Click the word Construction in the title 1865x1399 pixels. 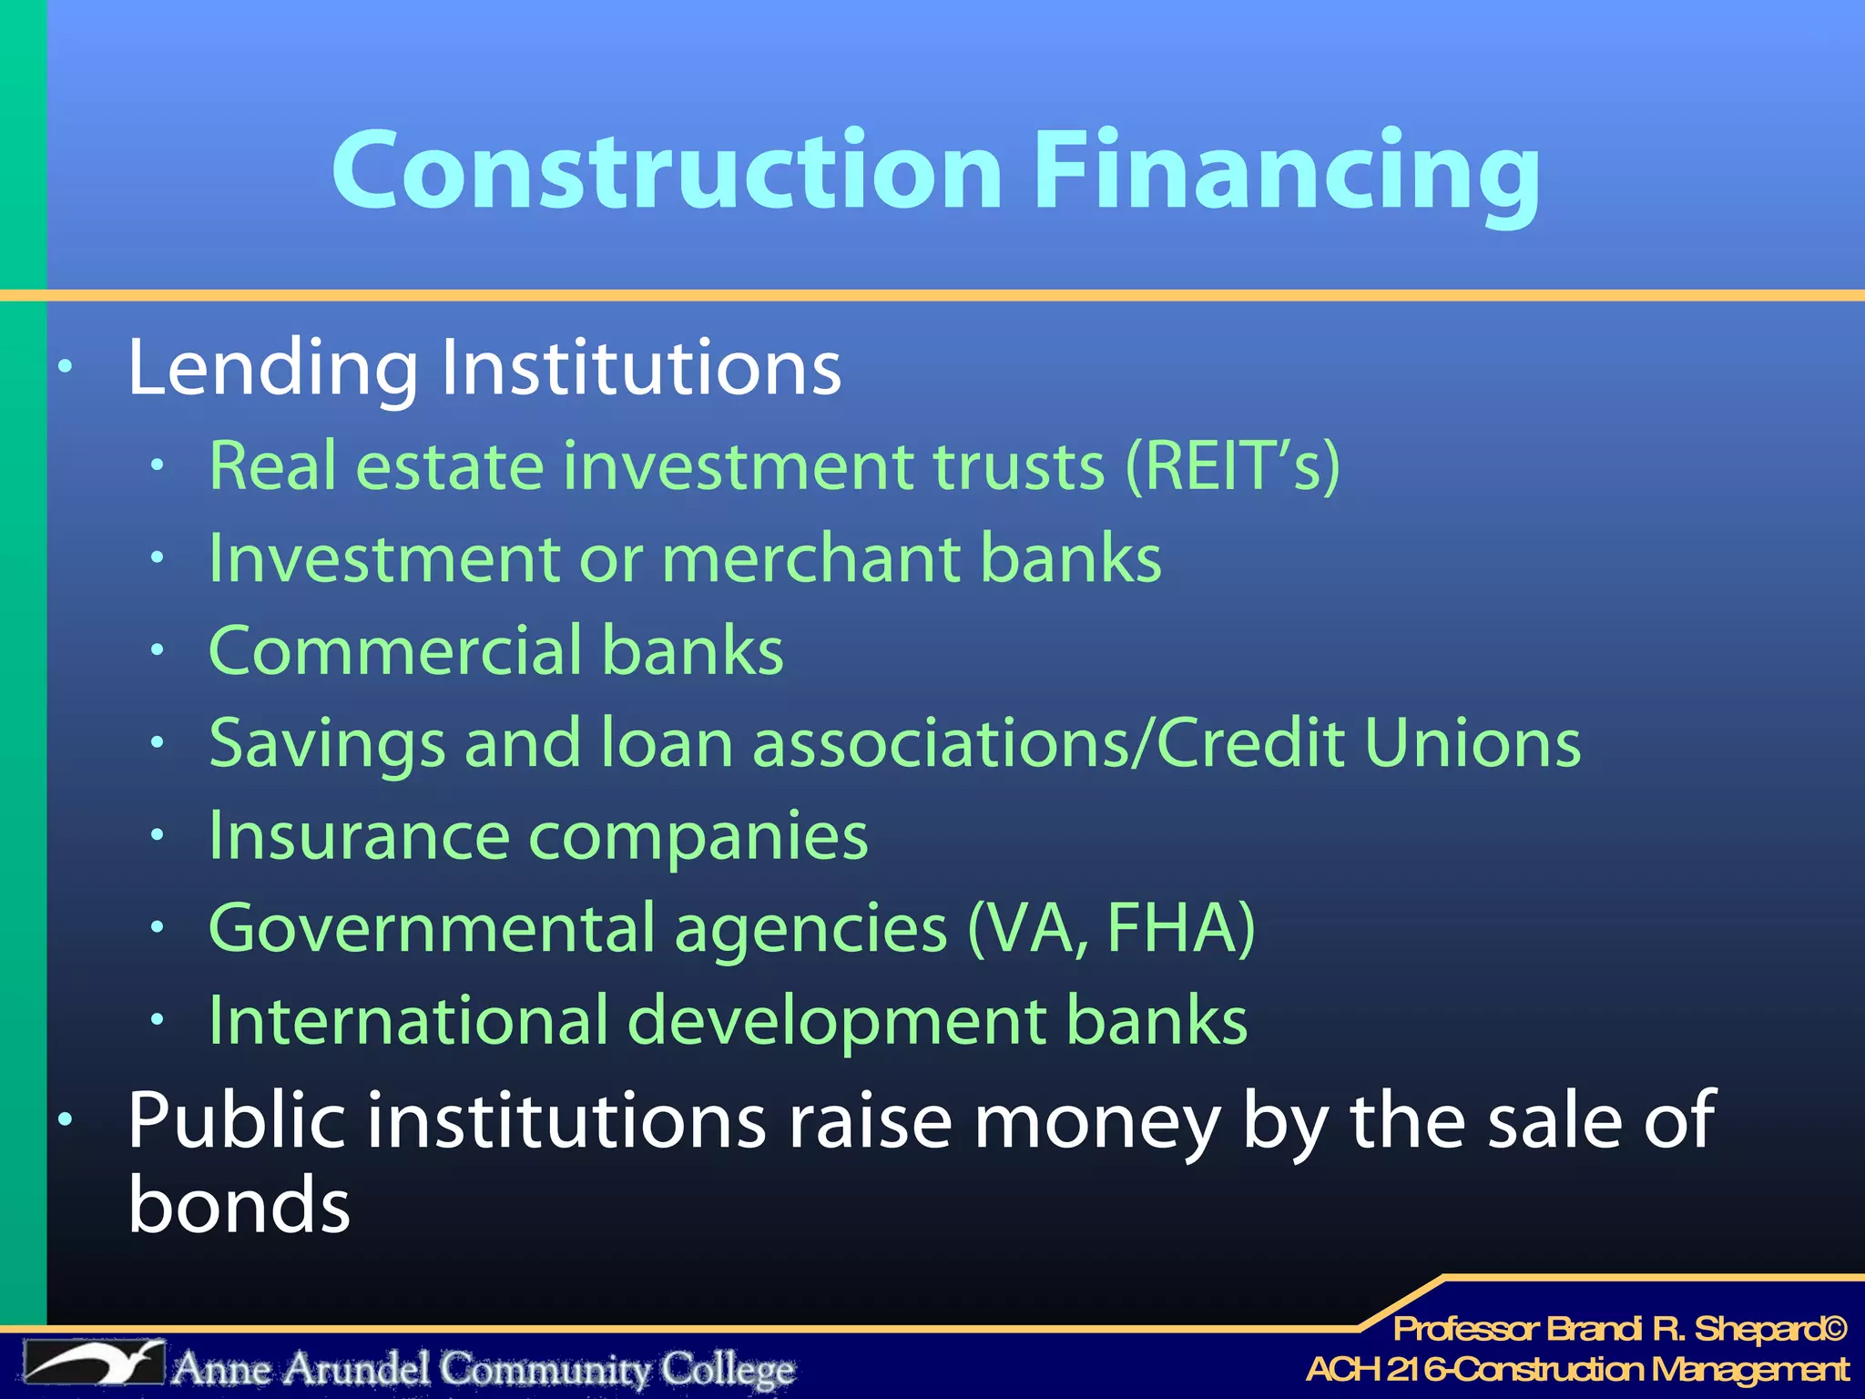point(668,170)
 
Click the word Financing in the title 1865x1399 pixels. point(1287,173)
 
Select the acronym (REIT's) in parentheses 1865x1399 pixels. point(1233,466)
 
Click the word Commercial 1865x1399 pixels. point(395,650)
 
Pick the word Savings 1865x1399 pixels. point(327,745)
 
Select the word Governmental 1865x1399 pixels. point(432,929)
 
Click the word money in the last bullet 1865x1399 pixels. point(1097,1122)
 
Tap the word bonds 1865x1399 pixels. point(239,1204)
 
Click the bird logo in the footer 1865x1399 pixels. point(93,1363)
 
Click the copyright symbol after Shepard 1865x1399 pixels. point(1833,1329)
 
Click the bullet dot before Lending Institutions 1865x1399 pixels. point(65,368)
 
